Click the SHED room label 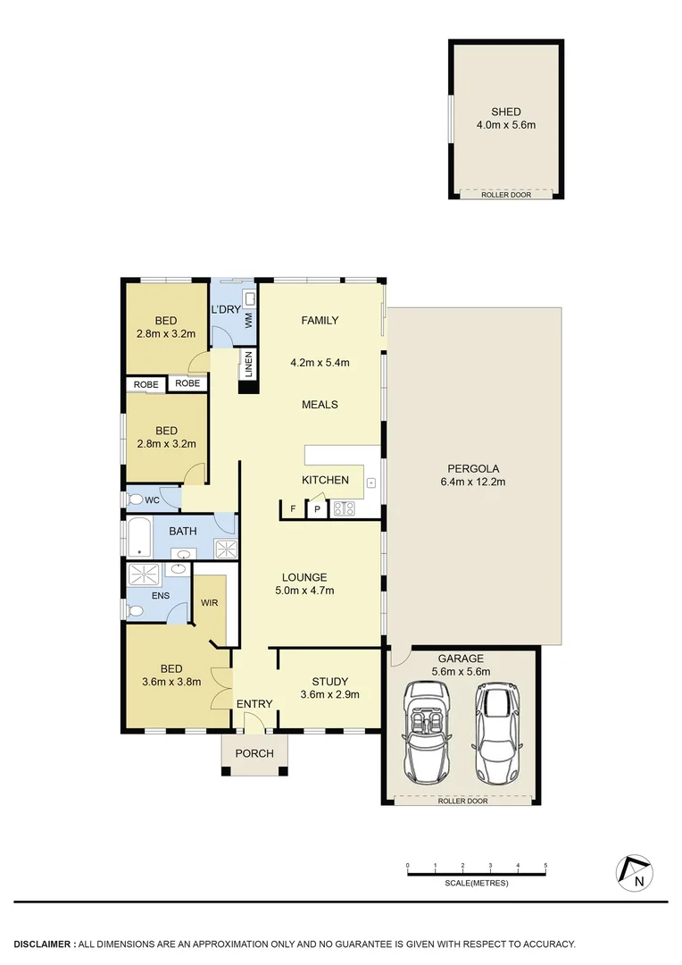505,112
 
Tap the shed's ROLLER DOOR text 505,195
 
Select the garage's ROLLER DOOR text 462,801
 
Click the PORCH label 254,753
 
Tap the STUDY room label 330,682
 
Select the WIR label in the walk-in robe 210,603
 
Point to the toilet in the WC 135,500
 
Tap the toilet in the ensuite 136,611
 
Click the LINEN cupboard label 249,365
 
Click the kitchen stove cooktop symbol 344,509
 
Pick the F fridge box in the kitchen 292,510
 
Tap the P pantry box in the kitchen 316,510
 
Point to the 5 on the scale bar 545,866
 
